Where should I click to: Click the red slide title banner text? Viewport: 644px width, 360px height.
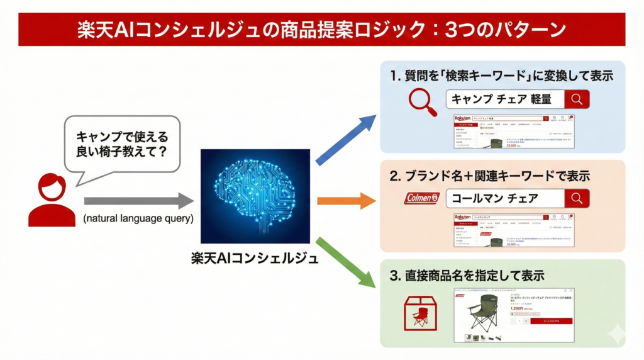[321, 30]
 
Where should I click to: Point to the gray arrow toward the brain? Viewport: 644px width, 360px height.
[138, 201]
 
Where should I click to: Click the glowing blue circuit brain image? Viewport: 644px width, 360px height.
[255, 196]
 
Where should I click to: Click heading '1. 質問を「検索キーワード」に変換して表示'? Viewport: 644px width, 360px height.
[501, 76]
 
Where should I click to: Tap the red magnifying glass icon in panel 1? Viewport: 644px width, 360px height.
[422, 102]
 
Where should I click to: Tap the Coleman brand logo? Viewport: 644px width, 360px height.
[421, 199]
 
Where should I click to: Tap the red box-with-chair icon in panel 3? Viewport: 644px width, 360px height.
[417, 314]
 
